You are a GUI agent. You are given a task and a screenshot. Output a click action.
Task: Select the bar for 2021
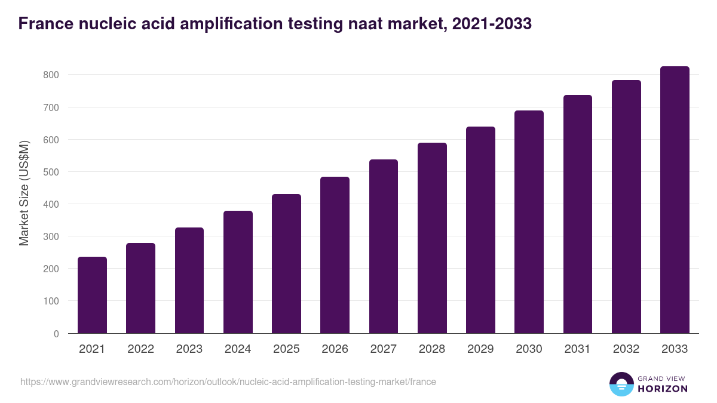click(x=92, y=295)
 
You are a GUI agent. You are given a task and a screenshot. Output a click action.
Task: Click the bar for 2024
click(x=238, y=272)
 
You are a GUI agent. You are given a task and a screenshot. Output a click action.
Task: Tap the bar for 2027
click(x=384, y=247)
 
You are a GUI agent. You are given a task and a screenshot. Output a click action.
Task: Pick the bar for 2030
click(x=529, y=222)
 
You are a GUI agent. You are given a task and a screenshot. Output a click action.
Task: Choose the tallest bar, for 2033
click(x=675, y=200)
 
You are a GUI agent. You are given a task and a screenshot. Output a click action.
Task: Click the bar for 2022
click(x=140, y=288)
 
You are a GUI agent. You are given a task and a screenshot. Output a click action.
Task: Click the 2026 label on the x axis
click(x=335, y=349)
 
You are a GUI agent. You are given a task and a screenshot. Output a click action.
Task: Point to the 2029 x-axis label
click(x=480, y=349)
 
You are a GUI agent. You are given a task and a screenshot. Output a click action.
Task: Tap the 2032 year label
click(x=626, y=349)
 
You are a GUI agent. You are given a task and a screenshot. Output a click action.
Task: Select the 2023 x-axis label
click(x=189, y=349)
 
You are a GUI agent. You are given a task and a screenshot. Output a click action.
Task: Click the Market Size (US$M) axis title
click(x=24, y=192)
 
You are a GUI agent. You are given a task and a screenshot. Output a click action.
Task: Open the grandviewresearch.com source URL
click(x=228, y=382)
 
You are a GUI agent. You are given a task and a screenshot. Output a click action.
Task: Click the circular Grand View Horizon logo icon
click(x=621, y=384)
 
